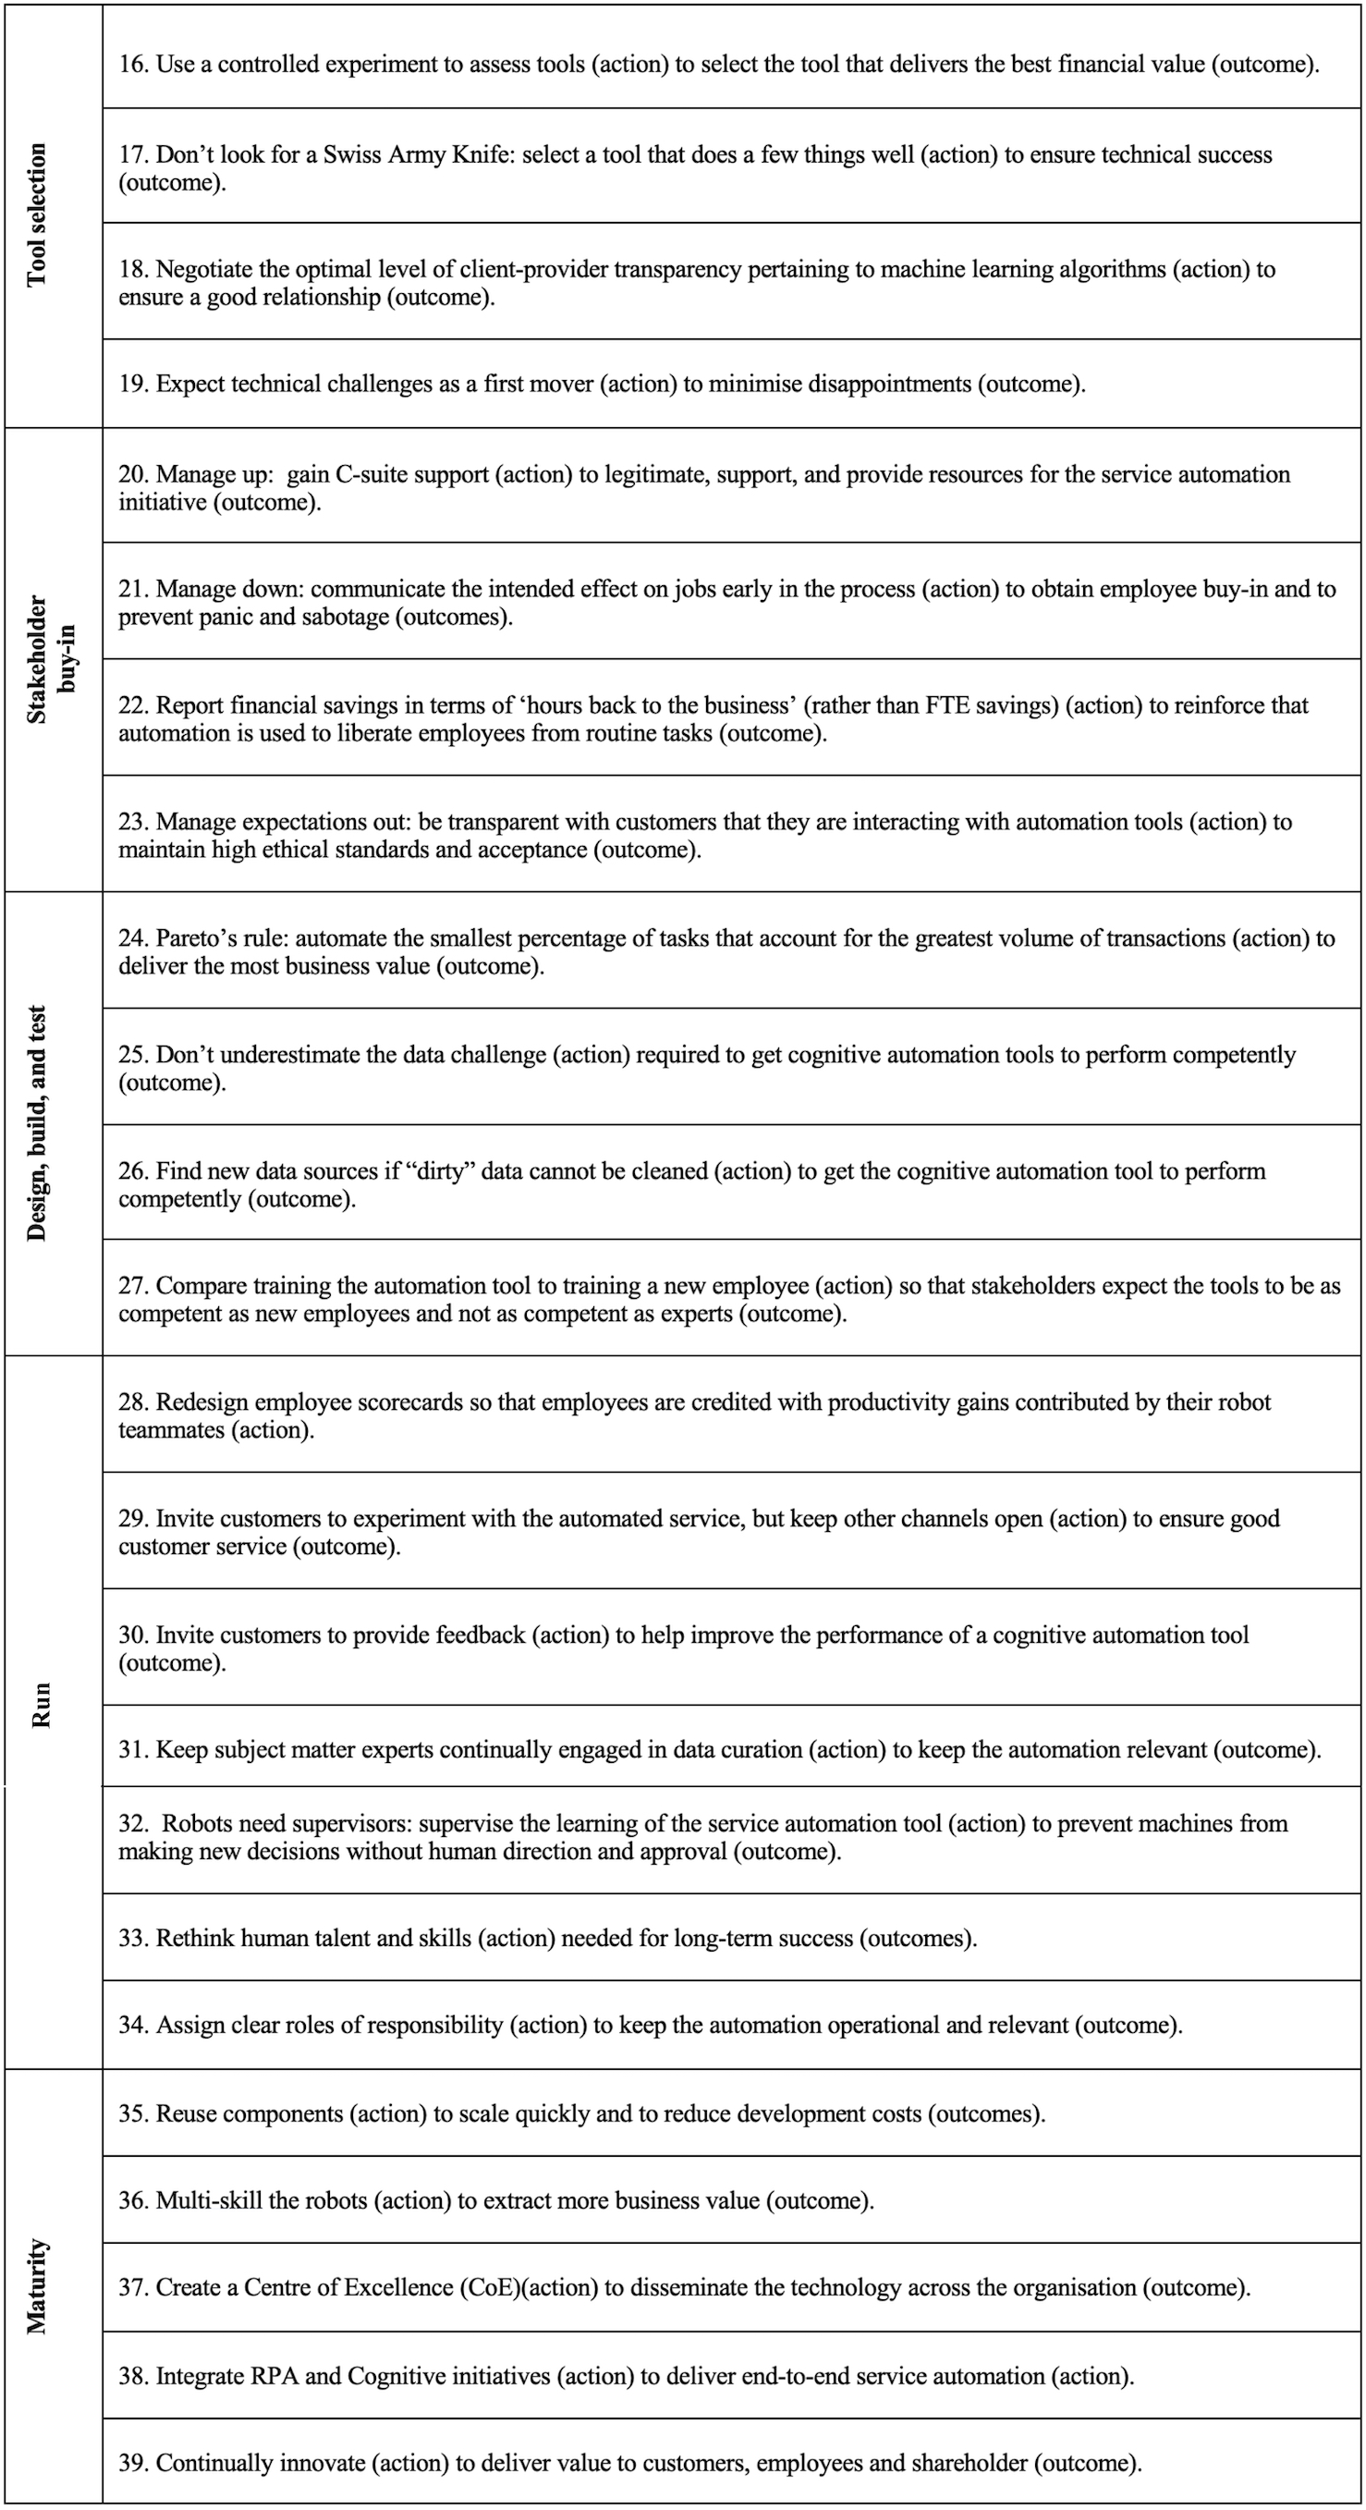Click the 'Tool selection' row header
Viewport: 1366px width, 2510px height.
(37, 215)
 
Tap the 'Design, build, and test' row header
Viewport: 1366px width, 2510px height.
(37, 1122)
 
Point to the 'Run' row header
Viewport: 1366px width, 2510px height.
(41, 1705)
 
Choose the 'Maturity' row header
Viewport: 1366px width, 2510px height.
(37, 2286)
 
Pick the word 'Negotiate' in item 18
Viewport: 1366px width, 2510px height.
(201, 269)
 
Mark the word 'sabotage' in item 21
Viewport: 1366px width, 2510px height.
(344, 617)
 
